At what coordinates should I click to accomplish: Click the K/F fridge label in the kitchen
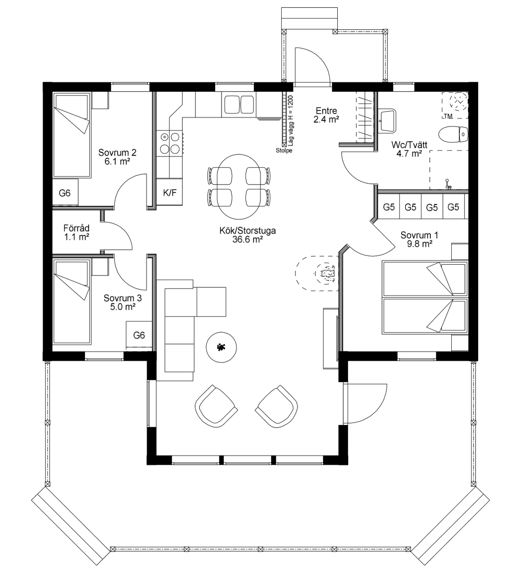click(169, 193)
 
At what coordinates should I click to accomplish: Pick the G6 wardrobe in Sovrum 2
click(65, 192)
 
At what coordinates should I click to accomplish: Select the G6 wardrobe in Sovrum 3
click(139, 335)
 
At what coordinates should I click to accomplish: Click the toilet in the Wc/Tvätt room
click(453, 134)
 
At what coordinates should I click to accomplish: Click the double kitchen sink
click(239, 104)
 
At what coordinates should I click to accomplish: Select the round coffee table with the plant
click(221, 347)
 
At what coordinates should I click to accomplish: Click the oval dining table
click(239, 187)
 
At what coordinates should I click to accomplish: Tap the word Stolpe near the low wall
click(284, 150)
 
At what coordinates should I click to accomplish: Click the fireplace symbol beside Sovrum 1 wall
click(317, 273)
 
